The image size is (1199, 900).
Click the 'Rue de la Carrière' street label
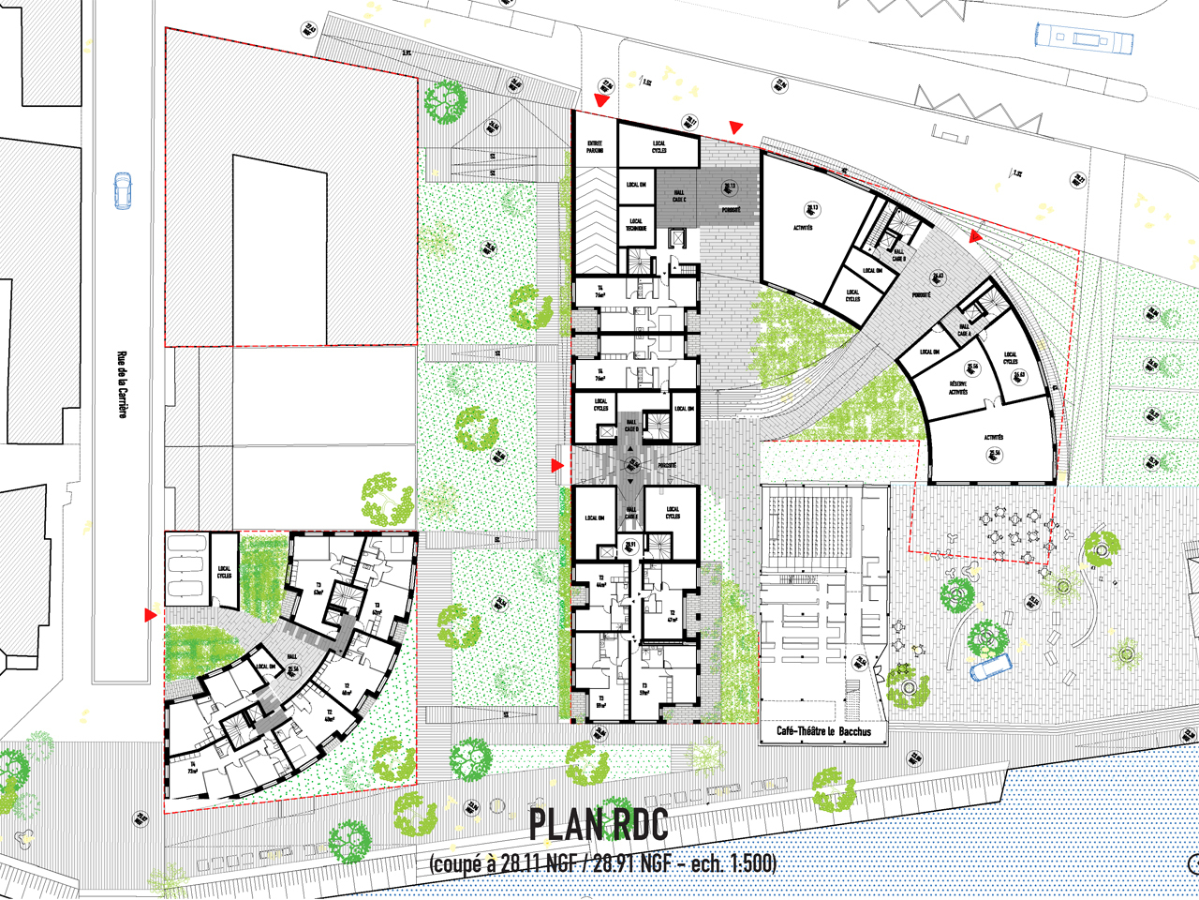pyautogui.click(x=122, y=383)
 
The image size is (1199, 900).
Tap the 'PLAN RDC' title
pyautogui.click(x=599, y=825)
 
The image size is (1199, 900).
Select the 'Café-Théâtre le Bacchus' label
pyautogui.click(x=823, y=731)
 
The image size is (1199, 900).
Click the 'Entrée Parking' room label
pyautogui.click(x=595, y=147)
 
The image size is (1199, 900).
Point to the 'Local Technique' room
pyautogui.click(x=636, y=225)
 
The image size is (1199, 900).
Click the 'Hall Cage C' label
pyautogui.click(x=679, y=196)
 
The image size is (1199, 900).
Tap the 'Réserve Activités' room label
pyautogui.click(x=957, y=387)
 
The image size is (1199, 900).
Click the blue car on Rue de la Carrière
pyautogui.click(x=123, y=190)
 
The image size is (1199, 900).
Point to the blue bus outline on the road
pyautogui.click(x=1083, y=39)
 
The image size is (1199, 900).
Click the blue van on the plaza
pyautogui.click(x=990, y=667)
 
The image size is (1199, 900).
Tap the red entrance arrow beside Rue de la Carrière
pyautogui.click(x=150, y=615)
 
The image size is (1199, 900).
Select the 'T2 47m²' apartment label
pyautogui.click(x=672, y=617)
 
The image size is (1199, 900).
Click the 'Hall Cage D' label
pyautogui.click(x=631, y=513)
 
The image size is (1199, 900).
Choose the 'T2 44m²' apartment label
pyautogui.click(x=600, y=582)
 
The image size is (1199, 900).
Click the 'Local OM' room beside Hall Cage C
pyautogui.click(x=636, y=185)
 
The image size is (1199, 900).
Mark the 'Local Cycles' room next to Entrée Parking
pyautogui.click(x=659, y=146)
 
